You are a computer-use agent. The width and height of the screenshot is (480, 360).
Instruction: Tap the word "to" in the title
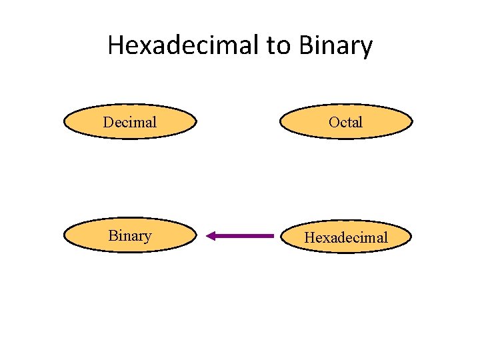(281, 45)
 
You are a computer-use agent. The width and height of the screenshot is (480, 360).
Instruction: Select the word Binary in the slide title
(335, 45)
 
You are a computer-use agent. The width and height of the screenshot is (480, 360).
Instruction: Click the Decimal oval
(130, 122)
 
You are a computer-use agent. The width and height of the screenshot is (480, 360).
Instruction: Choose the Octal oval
(345, 122)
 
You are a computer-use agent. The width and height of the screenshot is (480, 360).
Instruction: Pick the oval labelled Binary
(130, 235)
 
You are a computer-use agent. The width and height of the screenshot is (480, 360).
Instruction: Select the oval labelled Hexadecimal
(345, 237)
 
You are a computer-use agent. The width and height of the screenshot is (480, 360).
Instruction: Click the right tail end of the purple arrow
(272, 235)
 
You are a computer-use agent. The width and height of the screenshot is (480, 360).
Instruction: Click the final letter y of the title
(366, 48)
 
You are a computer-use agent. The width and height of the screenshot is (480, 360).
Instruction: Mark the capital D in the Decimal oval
(108, 122)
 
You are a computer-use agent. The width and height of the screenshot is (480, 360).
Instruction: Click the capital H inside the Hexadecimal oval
(310, 237)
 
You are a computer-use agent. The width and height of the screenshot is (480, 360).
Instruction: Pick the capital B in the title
(307, 45)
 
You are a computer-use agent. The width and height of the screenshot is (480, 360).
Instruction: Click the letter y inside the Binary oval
(148, 237)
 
